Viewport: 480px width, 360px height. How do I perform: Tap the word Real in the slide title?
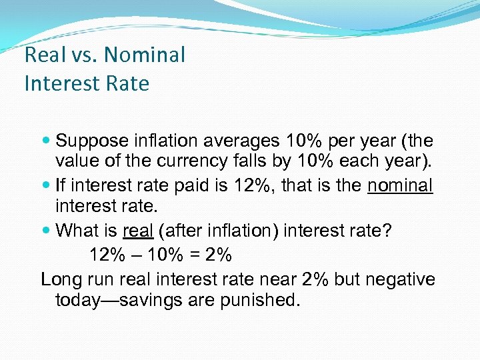43,55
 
